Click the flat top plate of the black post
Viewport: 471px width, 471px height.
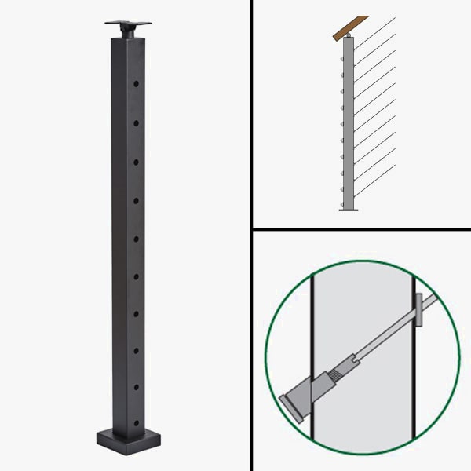tap(126, 21)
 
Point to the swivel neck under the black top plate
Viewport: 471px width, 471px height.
tap(126, 31)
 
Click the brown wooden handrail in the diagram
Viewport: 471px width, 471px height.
tap(349, 27)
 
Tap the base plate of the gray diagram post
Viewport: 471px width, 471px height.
tap(349, 210)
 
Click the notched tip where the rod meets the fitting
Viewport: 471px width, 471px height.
tap(356, 358)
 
